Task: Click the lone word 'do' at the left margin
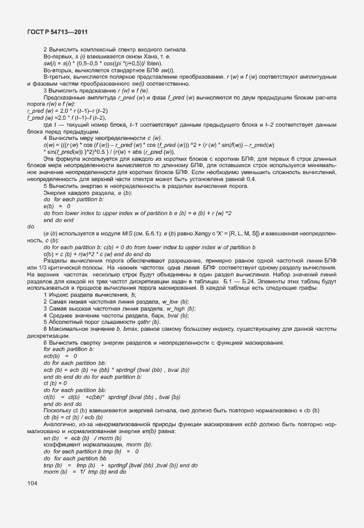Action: coord(31,226)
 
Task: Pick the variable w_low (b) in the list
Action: coord(160,301)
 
